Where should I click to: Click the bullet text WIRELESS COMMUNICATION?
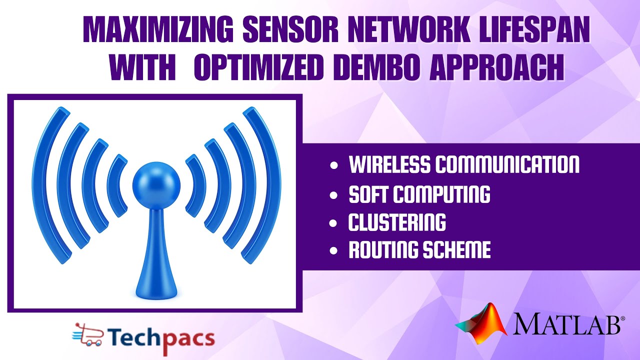tap(464, 164)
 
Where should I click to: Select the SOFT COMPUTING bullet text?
tap(419, 194)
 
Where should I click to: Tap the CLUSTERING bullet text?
tap(397, 222)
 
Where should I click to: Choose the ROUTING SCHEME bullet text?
tap(419, 250)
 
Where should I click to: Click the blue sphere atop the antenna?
tap(156, 181)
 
